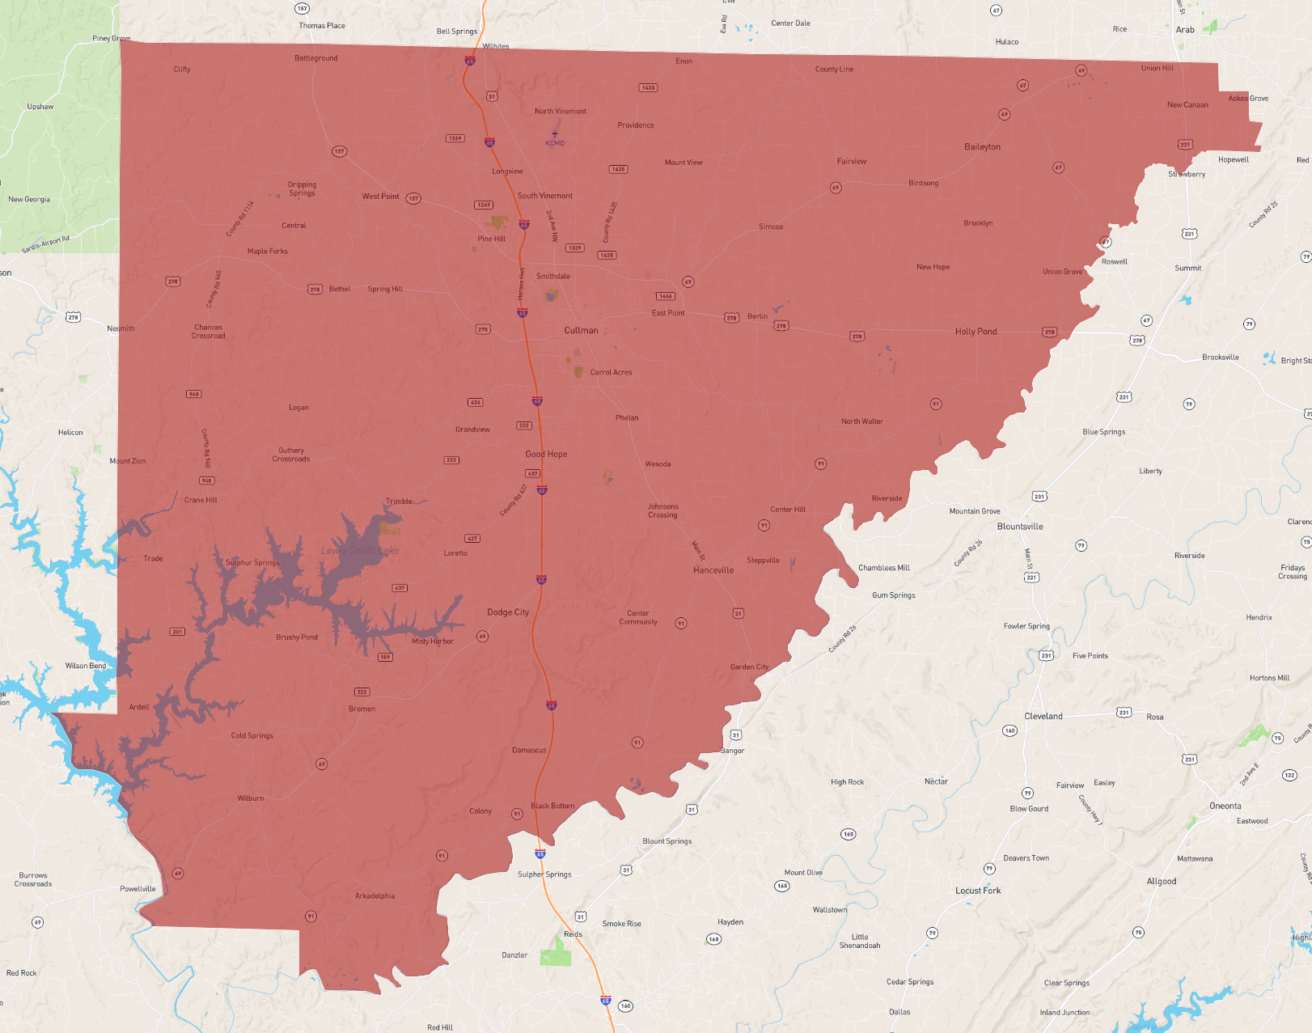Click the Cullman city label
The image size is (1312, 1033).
point(581,330)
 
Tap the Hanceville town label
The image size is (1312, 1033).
point(713,570)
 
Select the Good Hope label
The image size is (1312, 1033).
point(546,455)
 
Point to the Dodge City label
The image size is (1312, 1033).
point(508,612)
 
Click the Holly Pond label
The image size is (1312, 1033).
point(976,332)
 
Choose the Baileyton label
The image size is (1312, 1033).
point(982,147)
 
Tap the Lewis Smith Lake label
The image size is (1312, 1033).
point(361,551)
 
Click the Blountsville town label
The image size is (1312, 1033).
point(1020,527)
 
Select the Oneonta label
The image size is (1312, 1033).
point(1225,806)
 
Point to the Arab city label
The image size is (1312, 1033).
point(1185,30)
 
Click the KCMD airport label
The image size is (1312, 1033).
point(555,143)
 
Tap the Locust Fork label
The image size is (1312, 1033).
point(978,891)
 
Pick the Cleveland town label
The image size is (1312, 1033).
point(1043,716)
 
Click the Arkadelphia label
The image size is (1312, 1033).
point(375,895)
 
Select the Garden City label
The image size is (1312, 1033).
point(749,667)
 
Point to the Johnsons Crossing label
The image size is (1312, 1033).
point(662,510)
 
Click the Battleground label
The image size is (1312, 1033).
point(316,58)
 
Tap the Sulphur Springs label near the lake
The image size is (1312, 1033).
point(252,562)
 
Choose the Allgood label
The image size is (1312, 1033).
point(1162,882)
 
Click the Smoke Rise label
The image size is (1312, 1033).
point(621,924)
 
